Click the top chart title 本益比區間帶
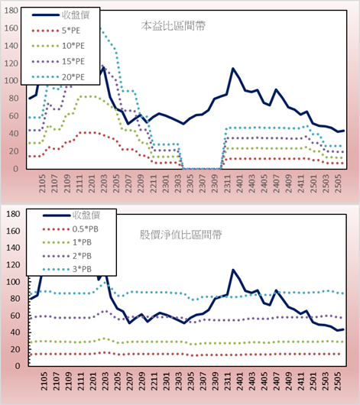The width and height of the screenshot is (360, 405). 174,26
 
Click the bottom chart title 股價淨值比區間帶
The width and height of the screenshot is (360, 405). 180,235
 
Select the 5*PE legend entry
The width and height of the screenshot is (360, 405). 71,31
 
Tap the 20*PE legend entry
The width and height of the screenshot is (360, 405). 73,77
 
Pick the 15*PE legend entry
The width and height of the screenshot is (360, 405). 73,61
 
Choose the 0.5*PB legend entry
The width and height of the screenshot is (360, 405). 86,229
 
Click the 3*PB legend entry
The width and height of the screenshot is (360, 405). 82,269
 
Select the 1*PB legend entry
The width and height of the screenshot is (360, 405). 82,242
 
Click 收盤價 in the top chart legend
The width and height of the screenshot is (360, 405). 76,15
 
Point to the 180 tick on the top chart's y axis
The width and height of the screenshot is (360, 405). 11,11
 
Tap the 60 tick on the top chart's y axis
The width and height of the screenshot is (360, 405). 14,116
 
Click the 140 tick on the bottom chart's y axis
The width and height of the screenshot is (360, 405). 13,248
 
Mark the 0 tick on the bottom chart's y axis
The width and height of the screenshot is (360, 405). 18,366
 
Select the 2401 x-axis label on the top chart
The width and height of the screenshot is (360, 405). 240,183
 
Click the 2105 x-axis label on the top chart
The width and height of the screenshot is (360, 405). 42,183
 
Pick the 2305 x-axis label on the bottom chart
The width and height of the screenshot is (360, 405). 191,381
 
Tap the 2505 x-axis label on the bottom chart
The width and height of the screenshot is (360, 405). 338,381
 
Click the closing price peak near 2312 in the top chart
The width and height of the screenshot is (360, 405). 232,69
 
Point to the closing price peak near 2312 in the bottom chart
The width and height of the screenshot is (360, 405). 232,270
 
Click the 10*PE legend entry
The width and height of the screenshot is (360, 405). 73,46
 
